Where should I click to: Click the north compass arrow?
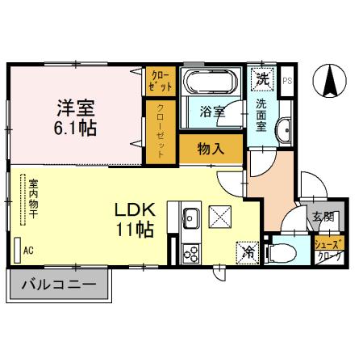pyautogui.click(x=330, y=79)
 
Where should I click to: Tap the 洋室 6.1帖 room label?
pyautogui.click(x=76, y=116)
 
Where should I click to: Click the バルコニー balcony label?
pyautogui.click(x=58, y=285)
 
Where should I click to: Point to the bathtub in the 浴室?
pyautogui.click(x=210, y=82)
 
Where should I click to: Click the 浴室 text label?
pyautogui.click(x=213, y=114)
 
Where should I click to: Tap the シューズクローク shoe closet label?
pyautogui.click(x=328, y=249)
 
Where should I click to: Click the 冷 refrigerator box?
pyautogui.click(x=248, y=251)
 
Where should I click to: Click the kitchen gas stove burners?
pyautogui.click(x=192, y=254)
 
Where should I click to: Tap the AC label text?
pyautogui.click(x=28, y=251)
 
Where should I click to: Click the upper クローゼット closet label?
pyautogui.click(x=161, y=80)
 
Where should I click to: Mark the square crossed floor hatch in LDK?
pyautogui.click(x=220, y=216)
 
